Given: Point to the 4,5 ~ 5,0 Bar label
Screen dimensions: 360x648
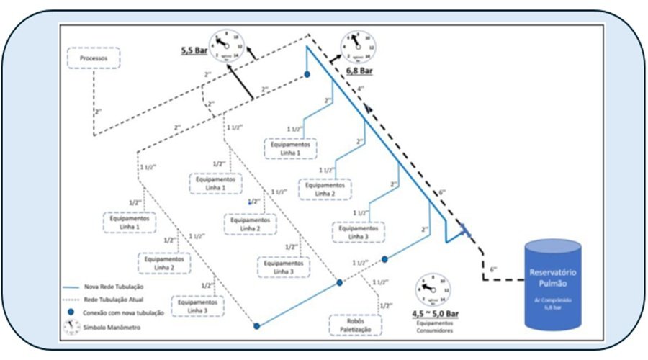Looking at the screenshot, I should pyautogui.click(x=435, y=314).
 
